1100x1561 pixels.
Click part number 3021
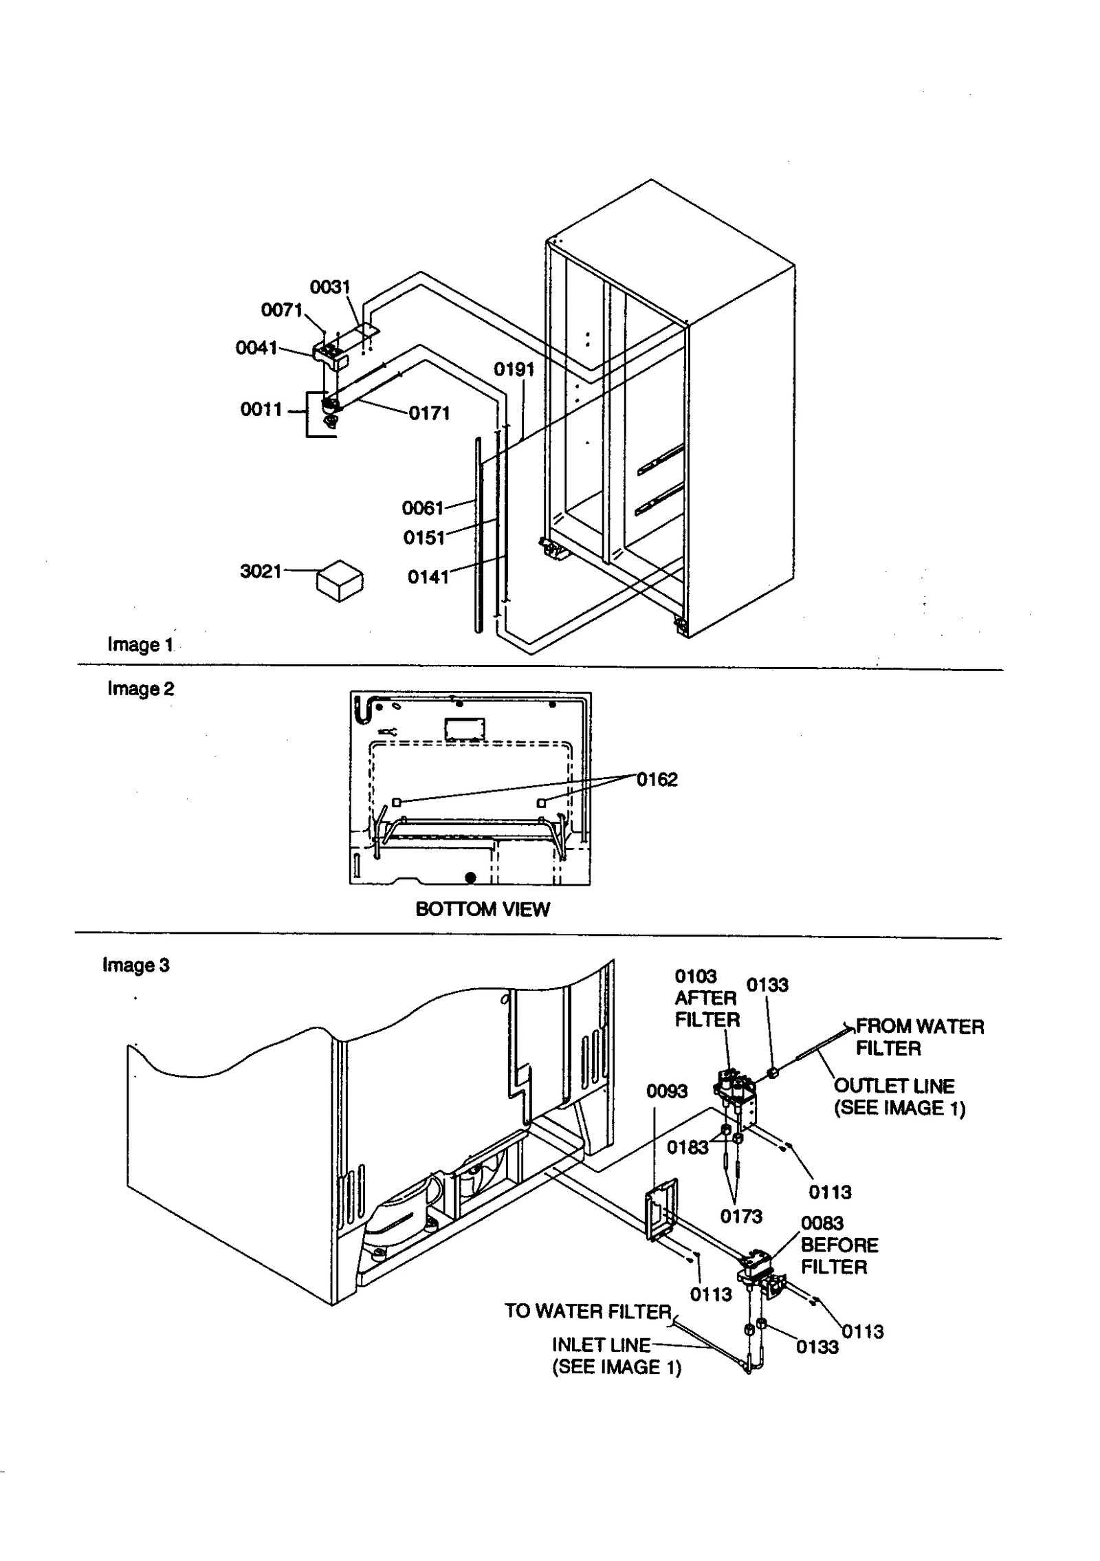[261, 571]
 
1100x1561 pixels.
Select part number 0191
[514, 369]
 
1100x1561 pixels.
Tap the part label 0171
[429, 413]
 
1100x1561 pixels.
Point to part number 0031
[330, 287]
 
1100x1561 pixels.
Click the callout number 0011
[261, 409]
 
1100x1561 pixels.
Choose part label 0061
[423, 508]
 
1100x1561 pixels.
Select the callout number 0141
[428, 577]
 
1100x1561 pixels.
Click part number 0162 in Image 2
[657, 779]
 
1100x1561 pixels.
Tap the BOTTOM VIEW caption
[482, 909]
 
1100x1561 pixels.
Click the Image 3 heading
[135, 965]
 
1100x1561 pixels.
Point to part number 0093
[666, 1091]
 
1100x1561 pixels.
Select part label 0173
[740, 1216]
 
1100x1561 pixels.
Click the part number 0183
[687, 1147]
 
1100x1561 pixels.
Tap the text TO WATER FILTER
[588, 1311]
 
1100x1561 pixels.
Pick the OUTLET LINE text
[894, 1086]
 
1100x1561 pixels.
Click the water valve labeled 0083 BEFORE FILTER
[756, 1269]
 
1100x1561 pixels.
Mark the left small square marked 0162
[396, 802]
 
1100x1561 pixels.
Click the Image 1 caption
[140, 645]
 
